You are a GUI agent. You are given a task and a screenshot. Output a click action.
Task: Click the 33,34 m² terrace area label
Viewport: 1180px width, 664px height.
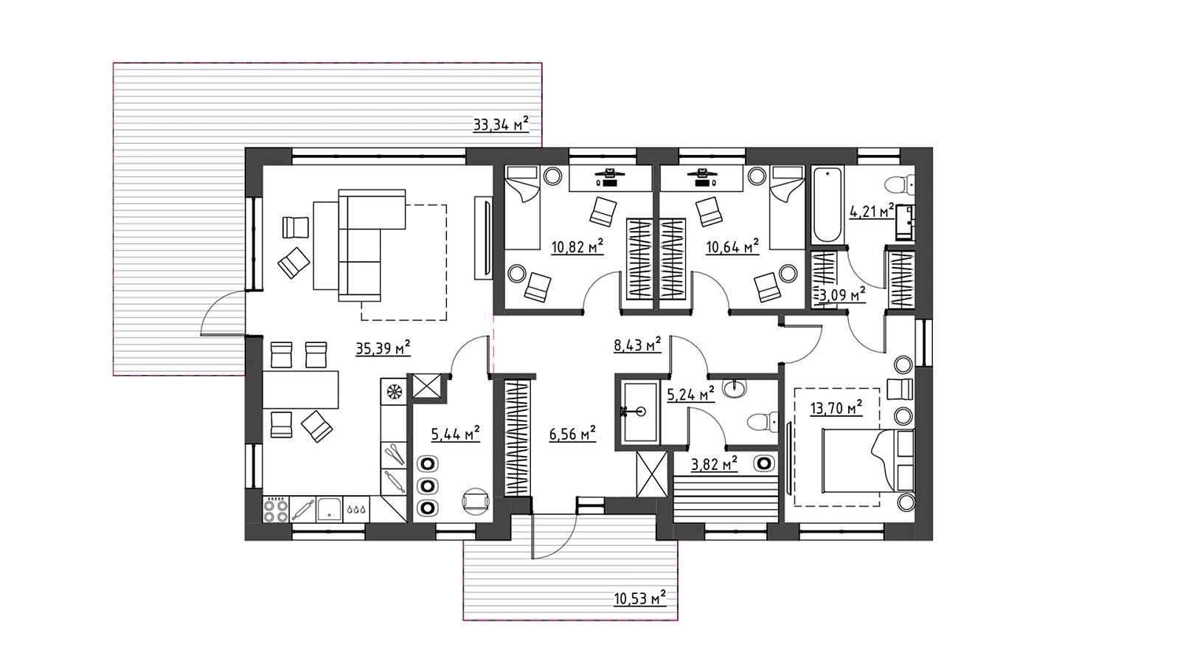click(501, 125)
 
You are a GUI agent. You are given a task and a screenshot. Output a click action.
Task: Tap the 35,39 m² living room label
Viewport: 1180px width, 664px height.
click(383, 348)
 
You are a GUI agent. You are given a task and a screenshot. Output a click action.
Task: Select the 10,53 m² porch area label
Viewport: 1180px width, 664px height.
click(640, 598)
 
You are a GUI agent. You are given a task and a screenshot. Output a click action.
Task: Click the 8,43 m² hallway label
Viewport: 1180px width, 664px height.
click(637, 345)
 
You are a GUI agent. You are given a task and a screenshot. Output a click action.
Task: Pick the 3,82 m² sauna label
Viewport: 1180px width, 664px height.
click(714, 464)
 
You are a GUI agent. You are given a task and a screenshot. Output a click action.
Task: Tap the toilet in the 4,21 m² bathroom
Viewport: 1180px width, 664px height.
click(900, 184)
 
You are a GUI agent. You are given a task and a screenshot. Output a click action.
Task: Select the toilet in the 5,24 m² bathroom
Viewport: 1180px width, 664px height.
click(763, 422)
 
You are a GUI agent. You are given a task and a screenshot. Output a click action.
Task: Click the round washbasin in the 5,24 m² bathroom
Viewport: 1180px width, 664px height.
click(735, 389)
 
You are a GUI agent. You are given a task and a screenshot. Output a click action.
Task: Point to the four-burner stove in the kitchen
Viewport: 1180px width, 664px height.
click(276, 510)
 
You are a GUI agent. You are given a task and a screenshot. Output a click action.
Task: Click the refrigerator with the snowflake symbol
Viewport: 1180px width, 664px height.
click(394, 391)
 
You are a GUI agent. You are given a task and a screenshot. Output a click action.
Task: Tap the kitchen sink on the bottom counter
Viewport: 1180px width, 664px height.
click(330, 509)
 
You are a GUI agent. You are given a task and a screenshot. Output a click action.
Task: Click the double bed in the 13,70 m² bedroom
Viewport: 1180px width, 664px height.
click(867, 461)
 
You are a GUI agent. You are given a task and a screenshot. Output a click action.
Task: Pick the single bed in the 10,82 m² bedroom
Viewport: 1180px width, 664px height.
click(523, 207)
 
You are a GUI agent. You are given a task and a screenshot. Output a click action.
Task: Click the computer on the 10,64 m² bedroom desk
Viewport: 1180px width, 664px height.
click(701, 177)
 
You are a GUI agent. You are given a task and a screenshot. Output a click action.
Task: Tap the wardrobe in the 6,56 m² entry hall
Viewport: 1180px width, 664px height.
click(517, 438)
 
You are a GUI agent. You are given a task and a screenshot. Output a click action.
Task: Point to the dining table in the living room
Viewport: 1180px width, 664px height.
click(300, 390)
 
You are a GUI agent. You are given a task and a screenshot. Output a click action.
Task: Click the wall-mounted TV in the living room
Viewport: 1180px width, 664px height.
click(484, 238)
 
